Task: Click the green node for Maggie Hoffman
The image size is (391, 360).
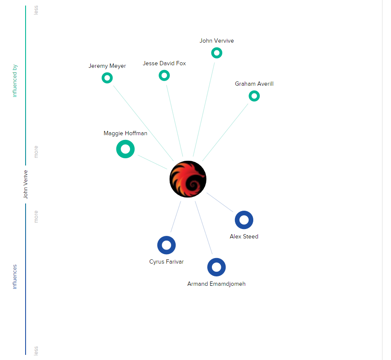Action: (x=125, y=149)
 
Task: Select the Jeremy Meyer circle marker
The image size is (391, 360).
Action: (x=107, y=78)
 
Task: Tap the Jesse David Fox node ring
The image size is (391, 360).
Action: (x=164, y=75)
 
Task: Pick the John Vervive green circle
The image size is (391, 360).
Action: (x=217, y=53)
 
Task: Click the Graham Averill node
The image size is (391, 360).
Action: (x=254, y=96)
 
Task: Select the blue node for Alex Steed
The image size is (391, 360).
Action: (x=244, y=220)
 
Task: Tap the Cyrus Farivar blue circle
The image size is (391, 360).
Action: (x=166, y=245)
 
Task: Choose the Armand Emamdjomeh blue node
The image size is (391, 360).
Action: (x=217, y=267)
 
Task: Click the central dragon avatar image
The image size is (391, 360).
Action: (x=188, y=179)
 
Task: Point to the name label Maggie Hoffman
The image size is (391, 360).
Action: (x=125, y=133)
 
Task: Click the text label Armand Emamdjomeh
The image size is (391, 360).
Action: (x=216, y=284)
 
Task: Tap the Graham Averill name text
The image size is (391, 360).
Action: (x=254, y=84)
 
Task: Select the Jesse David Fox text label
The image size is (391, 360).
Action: (x=164, y=63)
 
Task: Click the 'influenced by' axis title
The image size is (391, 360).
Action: (x=15, y=81)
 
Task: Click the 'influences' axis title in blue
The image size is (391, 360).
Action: (x=15, y=277)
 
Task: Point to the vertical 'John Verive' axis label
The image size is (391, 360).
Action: (x=25, y=184)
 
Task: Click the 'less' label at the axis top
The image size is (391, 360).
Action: (x=36, y=10)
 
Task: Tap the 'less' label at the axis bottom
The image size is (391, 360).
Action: (x=36, y=350)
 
